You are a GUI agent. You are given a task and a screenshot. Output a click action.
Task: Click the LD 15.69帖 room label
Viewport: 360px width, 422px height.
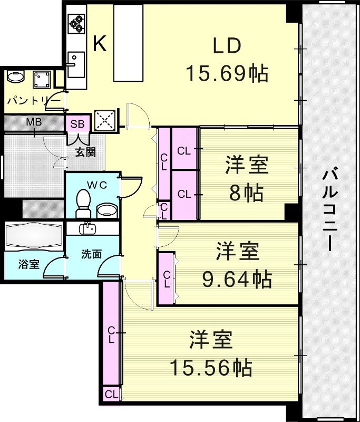[227, 61]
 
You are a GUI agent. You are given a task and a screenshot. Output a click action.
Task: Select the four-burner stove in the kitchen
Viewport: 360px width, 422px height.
[76, 24]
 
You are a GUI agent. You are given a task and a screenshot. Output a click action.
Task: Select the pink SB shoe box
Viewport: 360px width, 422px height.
[77, 124]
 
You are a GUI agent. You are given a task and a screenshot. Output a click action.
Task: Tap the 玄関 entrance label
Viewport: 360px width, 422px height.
[84, 152]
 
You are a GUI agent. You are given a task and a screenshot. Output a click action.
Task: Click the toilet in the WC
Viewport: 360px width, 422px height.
[83, 203]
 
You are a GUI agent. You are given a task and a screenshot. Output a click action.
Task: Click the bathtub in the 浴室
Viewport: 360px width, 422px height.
[34, 236]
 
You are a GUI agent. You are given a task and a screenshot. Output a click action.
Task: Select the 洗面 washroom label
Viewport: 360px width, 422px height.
[91, 253]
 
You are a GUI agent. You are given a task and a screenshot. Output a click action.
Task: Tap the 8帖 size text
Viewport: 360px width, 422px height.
[247, 194]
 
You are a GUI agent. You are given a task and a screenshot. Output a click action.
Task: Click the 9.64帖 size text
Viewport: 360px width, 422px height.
[237, 278]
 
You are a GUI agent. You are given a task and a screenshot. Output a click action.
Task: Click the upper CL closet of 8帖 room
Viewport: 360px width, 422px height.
[184, 150]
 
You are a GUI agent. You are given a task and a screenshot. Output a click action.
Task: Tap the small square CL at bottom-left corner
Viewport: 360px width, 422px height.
[111, 394]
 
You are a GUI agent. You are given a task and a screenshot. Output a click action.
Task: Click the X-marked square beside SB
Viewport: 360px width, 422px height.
[104, 120]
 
